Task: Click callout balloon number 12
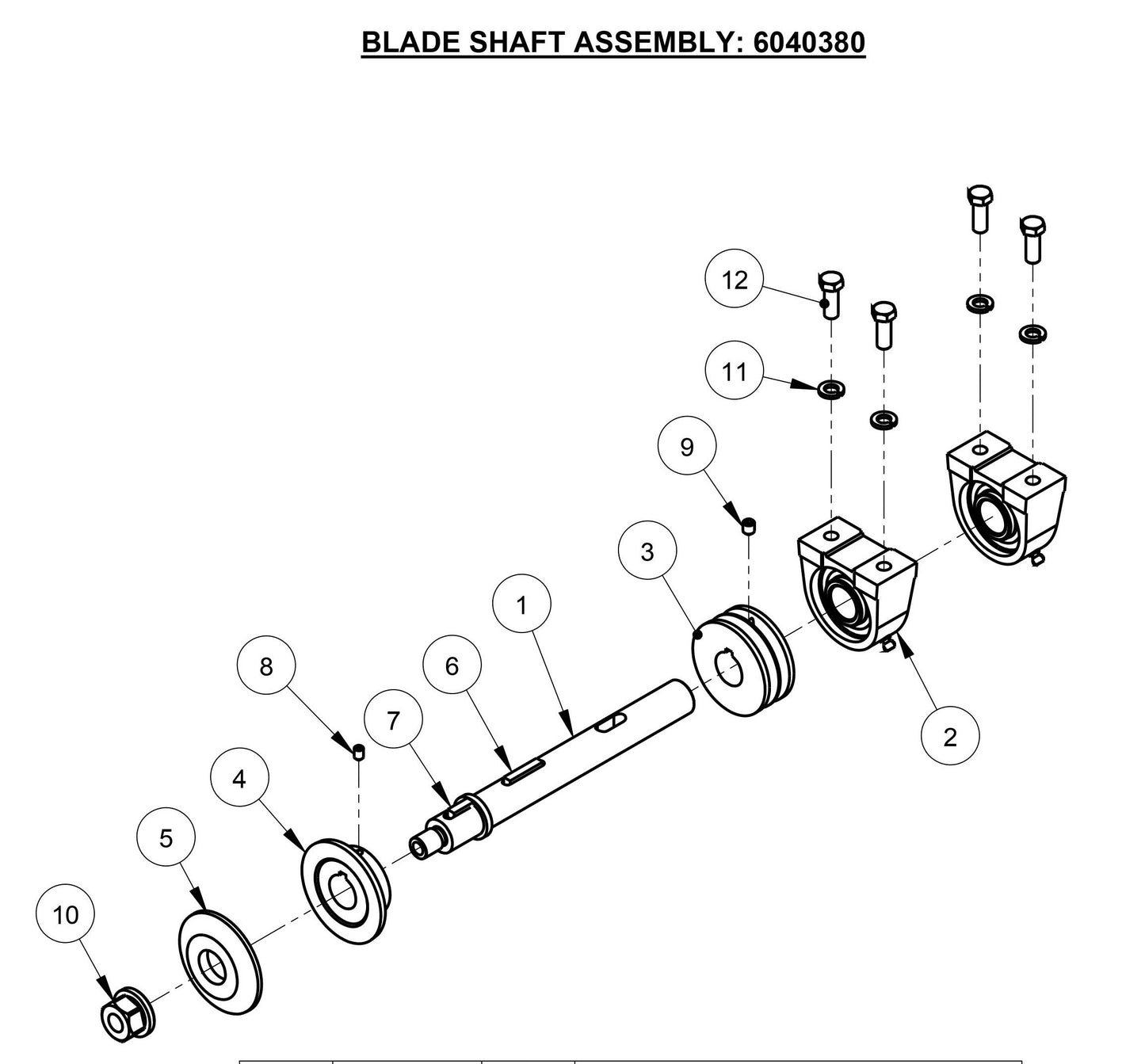(x=735, y=280)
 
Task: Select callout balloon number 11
(x=735, y=371)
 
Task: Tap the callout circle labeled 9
(x=687, y=447)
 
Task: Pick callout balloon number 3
(x=647, y=551)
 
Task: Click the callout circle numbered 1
(x=521, y=605)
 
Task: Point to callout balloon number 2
(x=950, y=737)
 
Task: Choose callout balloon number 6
(x=452, y=665)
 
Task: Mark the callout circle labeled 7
(x=393, y=721)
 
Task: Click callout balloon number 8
(x=266, y=666)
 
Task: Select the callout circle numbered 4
(x=239, y=779)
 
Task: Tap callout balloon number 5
(x=166, y=838)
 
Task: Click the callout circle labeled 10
(x=66, y=915)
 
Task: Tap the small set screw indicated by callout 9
(x=749, y=525)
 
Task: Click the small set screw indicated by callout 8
(x=359, y=753)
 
